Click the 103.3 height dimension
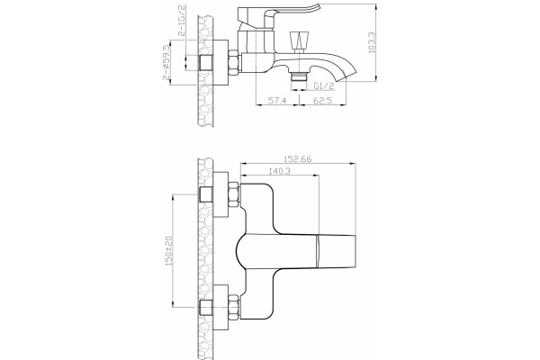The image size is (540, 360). click(372, 42)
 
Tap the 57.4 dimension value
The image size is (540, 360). click(277, 101)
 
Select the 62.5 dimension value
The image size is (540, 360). click(322, 101)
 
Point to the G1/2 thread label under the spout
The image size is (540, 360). click(324, 85)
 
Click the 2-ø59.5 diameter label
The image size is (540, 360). click(166, 62)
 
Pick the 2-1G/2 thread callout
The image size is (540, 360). click(182, 21)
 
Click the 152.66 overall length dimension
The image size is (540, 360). click(298, 159)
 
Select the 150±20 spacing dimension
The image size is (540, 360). click(169, 250)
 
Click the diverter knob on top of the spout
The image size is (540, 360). click(300, 40)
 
